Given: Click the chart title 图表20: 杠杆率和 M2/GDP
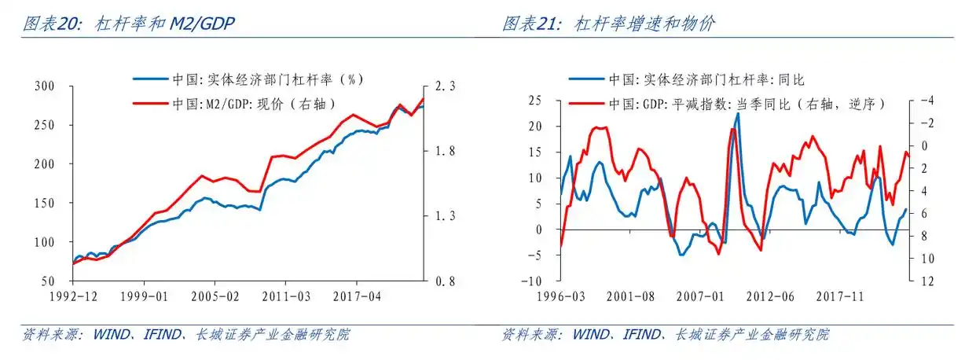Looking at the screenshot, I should coord(129,24).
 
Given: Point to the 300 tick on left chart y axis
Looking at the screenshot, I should coord(46,86).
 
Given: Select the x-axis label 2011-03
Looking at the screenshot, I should coord(284,298).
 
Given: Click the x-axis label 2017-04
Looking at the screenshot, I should coord(356,298).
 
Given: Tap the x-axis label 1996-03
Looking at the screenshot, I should coord(560,298).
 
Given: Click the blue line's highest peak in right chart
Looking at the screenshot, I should coord(737,114).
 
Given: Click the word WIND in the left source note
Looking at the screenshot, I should coord(111,335).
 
